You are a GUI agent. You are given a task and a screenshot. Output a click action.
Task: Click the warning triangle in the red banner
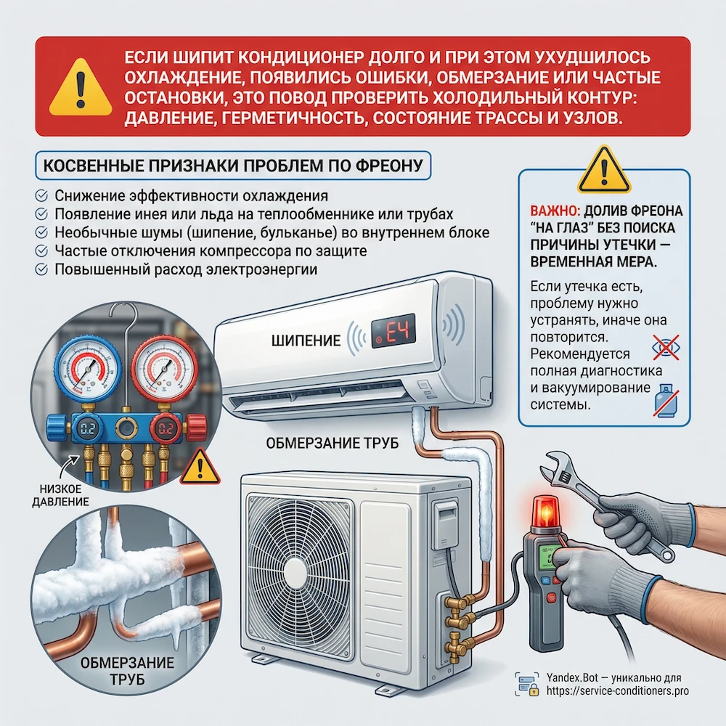[81, 88]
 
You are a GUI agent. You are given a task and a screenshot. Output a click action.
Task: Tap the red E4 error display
[393, 330]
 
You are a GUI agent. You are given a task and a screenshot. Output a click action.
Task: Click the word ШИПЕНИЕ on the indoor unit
[306, 340]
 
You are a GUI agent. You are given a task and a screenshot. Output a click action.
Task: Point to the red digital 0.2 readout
[166, 429]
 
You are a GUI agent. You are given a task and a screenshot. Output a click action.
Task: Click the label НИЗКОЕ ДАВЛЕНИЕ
[60, 495]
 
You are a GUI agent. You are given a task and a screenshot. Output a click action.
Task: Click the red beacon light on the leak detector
[547, 513]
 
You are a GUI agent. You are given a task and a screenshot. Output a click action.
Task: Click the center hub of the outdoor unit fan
[300, 576]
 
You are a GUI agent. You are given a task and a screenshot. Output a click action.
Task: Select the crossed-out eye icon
[666, 347]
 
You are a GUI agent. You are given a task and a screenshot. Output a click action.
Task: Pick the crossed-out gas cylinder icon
[666, 401]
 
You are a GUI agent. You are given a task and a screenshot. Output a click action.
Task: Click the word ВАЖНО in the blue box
[555, 211]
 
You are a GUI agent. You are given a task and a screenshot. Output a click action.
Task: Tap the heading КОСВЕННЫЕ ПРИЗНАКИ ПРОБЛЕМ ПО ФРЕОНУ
[233, 166]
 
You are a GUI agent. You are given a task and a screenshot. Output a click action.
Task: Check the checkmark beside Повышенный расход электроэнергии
[41, 269]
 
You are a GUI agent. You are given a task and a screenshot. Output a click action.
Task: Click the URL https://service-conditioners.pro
[617, 691]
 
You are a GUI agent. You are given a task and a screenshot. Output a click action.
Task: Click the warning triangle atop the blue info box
[604, 170]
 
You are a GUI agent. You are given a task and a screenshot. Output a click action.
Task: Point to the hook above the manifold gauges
[126, 324]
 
